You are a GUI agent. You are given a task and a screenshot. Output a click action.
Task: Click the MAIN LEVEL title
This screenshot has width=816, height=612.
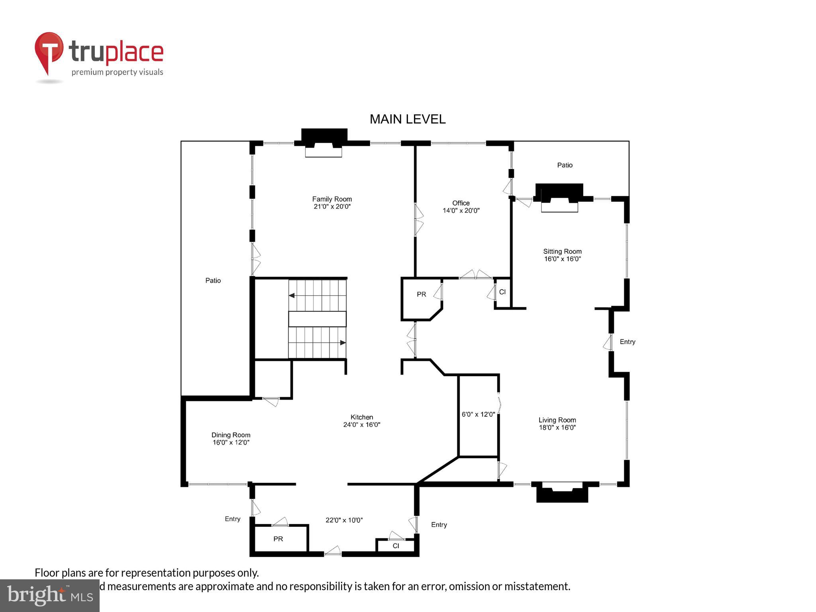407,119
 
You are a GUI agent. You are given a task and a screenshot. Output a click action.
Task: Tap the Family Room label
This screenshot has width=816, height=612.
331,199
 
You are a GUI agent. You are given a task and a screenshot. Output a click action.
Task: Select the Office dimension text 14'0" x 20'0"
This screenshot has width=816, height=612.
461,210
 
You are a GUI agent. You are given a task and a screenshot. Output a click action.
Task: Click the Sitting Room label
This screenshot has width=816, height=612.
562,251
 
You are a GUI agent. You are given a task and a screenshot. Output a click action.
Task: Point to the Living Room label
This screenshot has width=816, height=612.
557,420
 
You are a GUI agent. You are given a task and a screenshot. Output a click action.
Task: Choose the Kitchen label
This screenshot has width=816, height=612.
361,417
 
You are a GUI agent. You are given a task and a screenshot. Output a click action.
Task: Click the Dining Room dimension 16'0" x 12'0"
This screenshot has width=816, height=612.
231,442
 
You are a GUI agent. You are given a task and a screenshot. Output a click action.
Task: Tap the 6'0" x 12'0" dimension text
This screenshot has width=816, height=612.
478,414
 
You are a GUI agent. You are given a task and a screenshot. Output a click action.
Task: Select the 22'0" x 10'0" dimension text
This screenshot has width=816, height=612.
344,520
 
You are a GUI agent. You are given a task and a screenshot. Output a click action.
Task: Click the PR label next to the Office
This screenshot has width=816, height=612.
421,294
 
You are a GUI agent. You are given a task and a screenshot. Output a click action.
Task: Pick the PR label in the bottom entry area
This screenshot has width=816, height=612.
278,539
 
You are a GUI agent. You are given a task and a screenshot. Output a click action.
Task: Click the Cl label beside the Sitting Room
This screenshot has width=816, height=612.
502,292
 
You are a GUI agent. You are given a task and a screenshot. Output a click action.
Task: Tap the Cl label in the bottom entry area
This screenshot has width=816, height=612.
396,546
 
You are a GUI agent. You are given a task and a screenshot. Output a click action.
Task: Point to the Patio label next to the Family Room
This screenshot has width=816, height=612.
213,280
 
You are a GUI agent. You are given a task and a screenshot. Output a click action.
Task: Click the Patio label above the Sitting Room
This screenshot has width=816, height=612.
565,165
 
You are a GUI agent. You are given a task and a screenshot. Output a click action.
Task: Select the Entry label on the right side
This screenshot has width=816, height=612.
627,342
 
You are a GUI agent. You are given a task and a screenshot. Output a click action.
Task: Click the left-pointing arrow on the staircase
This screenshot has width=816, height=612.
292,296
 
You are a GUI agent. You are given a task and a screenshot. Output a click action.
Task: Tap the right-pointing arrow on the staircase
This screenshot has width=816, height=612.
342,343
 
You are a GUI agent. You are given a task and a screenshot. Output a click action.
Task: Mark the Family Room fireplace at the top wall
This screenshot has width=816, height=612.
324,143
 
